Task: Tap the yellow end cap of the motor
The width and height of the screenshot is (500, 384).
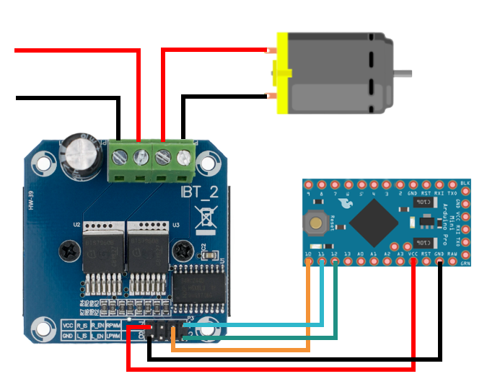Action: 282,72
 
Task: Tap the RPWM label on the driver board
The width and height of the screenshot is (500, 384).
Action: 113,325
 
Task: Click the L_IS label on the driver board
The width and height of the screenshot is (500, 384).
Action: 82,336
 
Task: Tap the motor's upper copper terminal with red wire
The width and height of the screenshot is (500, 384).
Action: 271,50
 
